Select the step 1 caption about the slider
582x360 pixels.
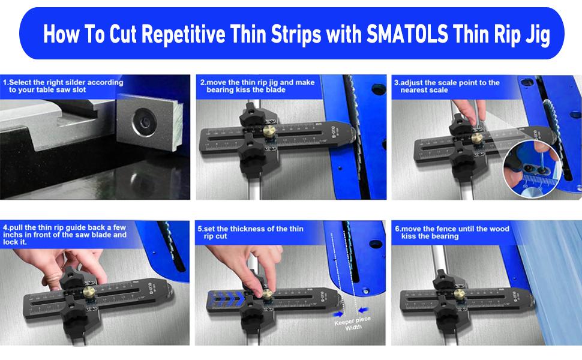[63, 86]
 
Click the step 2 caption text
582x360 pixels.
[257, 86]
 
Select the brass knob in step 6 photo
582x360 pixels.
[460, 293]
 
